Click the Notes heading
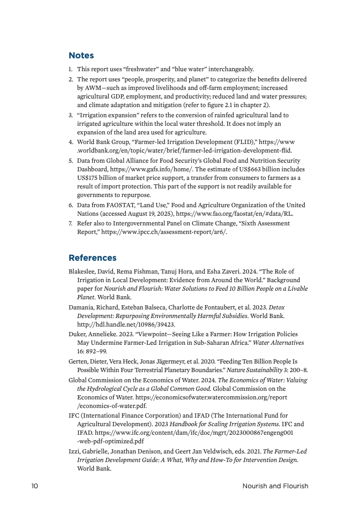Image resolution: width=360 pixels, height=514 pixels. [x=81, y=56]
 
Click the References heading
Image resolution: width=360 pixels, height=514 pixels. [x=92, y=258]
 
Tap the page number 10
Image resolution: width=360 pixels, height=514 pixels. [x=35, y=486]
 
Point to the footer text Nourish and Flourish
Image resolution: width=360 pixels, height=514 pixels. [x=275, y=486]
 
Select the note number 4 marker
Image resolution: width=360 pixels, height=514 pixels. [x=71, y=142]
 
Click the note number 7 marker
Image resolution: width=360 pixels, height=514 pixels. [x=71, y=224]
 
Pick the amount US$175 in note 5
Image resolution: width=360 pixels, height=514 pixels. [x=89, y=178]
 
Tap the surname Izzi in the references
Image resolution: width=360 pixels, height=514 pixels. [x=74, y=451]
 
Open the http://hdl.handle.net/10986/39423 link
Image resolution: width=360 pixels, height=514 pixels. [x=126, y=324]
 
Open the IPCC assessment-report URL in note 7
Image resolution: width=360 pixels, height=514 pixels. [x=163, y=232]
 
